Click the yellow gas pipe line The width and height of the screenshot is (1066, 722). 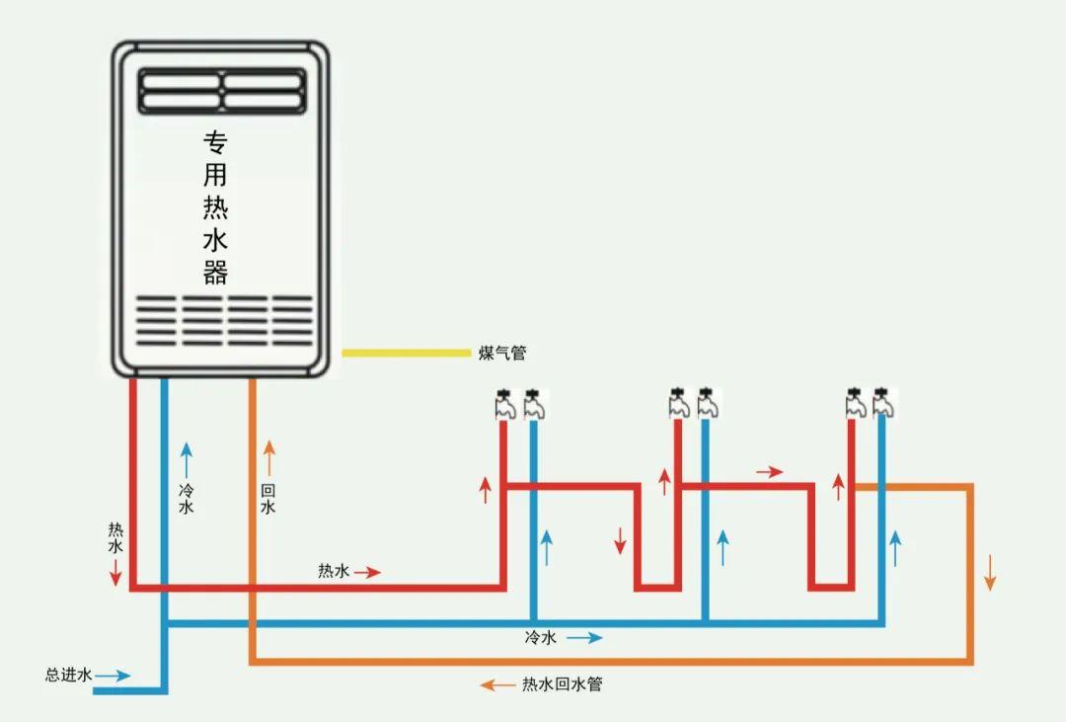(x=406, y=352)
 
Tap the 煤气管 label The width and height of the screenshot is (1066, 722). (x=502, y=354)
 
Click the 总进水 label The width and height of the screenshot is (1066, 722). (x=68, y=676)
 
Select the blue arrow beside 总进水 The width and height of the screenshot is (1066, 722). (x=113, y=677)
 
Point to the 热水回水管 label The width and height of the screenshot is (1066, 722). (x=562, y=683)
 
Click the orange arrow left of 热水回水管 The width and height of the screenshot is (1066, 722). (x=497, y=684)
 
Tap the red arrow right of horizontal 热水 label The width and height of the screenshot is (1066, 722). (x=367, y=572)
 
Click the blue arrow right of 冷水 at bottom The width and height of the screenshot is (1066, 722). (x=584, y=638)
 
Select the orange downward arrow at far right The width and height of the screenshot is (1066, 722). (x=990, y=573)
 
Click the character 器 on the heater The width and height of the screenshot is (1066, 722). (x=216, y=272)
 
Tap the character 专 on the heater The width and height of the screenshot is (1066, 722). (x=216, y=142)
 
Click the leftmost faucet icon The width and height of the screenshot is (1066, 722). (x=504, y=403)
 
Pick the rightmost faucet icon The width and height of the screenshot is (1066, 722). (x=883, y=403)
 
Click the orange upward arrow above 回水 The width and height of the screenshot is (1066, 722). (x=268, y=458)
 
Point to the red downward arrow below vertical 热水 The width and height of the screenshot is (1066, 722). (x=115, y=571)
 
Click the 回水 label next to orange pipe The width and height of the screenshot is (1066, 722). (x=268, y=499)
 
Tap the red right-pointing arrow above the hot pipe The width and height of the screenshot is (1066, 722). (x=770, y=472)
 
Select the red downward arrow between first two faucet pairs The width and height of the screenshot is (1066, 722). (x=620, y=540)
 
